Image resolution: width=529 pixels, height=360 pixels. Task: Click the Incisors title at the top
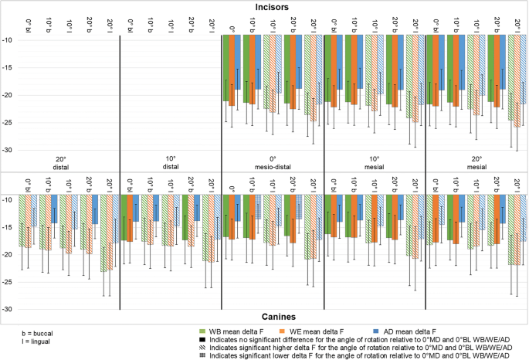coord(264,7)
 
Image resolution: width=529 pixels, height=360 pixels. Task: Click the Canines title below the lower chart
coord(264,316)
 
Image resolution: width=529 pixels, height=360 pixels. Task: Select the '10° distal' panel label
coord(171,161)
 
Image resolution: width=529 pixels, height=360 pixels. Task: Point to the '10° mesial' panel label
coord(375,161)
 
